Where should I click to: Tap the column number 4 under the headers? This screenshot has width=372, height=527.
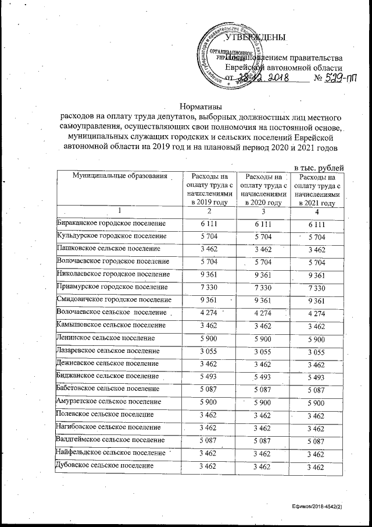coord(317,210)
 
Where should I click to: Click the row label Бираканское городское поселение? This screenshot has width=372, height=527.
coord(111,224)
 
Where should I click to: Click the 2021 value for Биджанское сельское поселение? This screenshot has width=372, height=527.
coord(317,377)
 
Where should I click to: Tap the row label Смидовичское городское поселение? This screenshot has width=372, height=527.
coord(114,300)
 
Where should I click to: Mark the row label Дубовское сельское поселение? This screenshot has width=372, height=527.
coord(105,466)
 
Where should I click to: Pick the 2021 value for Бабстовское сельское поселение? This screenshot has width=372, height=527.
coord(317,390)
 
